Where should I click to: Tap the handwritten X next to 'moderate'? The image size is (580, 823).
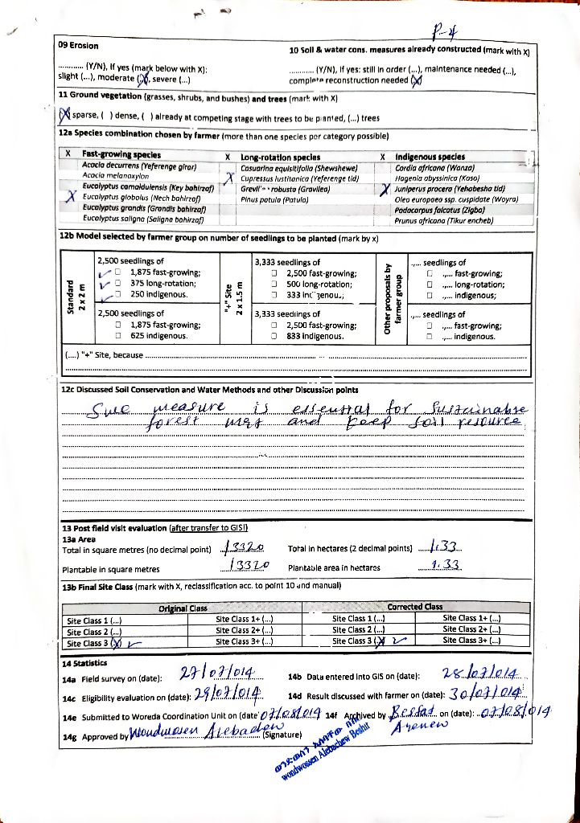pos(143,79)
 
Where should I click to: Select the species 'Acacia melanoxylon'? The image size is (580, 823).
pos(111,174)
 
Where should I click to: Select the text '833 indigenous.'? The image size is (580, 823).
pos(311,337)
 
